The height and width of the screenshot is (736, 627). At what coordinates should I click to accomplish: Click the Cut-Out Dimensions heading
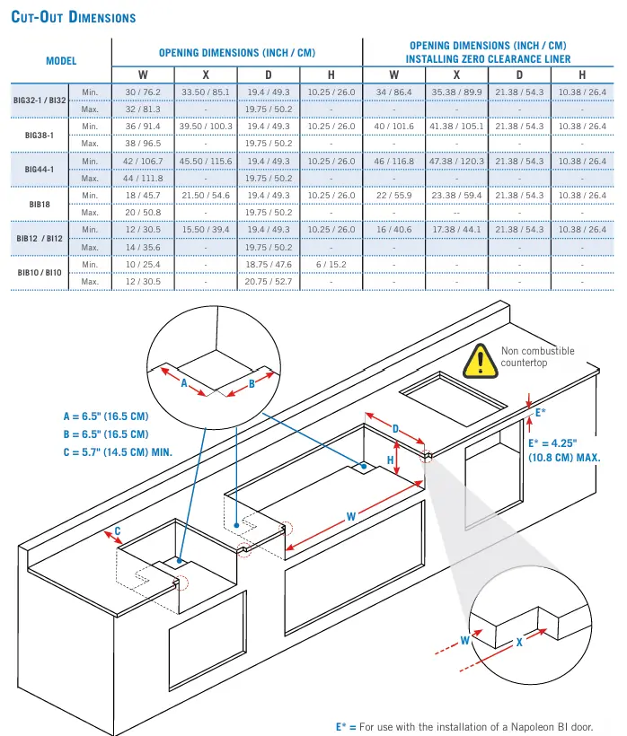74,17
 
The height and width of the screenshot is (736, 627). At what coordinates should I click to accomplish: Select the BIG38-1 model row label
40,135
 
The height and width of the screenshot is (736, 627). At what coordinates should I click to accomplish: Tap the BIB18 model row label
40,204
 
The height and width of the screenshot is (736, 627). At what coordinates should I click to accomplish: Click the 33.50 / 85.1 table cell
206,92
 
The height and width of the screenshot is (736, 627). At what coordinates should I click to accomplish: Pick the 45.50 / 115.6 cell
206,162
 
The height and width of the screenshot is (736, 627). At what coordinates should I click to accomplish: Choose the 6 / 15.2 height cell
331,265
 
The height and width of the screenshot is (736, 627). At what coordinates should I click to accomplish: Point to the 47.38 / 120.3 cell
456,162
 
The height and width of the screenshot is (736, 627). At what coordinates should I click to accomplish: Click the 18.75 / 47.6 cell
269,265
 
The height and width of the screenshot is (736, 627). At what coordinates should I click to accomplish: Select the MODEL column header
61,61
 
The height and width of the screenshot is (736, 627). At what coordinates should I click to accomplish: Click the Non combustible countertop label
537,356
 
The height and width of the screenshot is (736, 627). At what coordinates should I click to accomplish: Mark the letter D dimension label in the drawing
396,429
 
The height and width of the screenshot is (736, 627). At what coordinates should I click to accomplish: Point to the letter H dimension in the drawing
391,460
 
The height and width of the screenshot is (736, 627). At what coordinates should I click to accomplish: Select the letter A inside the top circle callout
184,382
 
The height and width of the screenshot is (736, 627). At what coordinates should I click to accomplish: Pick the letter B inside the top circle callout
252,383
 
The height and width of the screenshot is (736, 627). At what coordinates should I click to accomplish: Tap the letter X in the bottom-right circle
519,643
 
